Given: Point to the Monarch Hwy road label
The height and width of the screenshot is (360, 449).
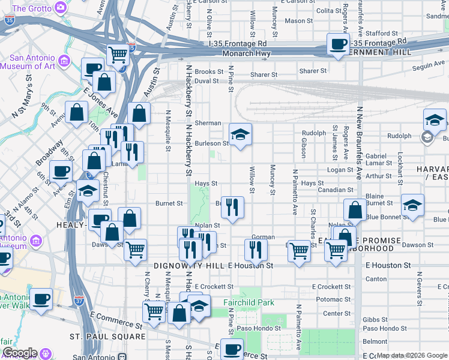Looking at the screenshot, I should click(246, 53).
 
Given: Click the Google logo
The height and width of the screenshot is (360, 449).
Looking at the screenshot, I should click(20, 353).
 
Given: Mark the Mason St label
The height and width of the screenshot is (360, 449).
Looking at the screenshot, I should click(295, 21).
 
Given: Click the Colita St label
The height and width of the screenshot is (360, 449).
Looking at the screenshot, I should click(328, 11).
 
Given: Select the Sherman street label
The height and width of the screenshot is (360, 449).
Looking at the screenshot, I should click(208, 123).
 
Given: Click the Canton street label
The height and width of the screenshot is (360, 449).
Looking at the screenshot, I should click(376, 279).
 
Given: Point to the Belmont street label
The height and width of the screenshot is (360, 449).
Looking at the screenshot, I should click(375, 341).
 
